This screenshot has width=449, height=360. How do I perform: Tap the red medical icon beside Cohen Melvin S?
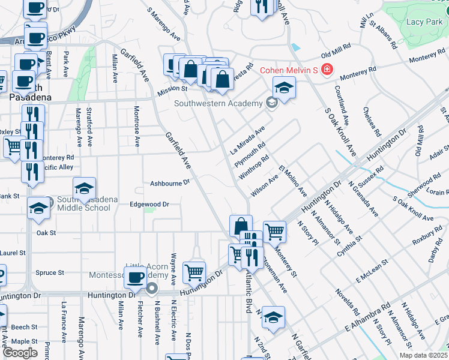tap(327, 70)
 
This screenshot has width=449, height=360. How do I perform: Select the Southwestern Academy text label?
tap(218, 103)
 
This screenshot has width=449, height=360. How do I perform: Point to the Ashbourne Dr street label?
tap(170, 182)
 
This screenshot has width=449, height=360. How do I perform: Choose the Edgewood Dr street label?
tap(149, 204)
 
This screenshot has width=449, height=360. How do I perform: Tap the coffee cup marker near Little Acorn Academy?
tap(136, 277)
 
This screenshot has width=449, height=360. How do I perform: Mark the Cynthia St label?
tap(350, 246)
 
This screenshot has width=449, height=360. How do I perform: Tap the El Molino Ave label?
tap(292, 181)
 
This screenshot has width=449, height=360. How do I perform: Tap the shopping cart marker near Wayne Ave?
tap(194, 273)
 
